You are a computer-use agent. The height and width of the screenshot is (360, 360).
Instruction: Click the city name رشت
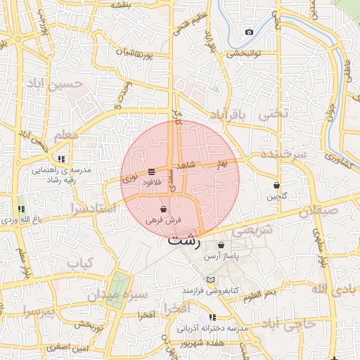tap(184, 240)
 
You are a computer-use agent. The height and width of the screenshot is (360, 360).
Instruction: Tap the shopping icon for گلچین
tap(277, 186)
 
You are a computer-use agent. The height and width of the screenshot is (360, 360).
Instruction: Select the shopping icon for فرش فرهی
tap(163, 209)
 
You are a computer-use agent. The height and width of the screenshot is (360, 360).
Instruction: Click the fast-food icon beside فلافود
tap(152, 172)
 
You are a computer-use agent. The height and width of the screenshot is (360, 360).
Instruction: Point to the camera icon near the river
tap(249, 32)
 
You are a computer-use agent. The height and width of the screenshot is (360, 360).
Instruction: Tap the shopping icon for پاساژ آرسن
tap(221, 245)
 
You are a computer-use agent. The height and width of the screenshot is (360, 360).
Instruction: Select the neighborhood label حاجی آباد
tap(290, 323)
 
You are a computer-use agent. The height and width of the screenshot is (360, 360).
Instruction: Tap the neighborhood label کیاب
tap(80, 263)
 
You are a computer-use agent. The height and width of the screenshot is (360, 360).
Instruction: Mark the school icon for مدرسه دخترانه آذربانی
tap(212, 318)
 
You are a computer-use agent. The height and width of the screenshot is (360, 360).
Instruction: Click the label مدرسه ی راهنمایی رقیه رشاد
tap(61, 174)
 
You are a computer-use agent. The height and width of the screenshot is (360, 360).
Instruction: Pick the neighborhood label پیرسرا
tap(38, 310)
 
